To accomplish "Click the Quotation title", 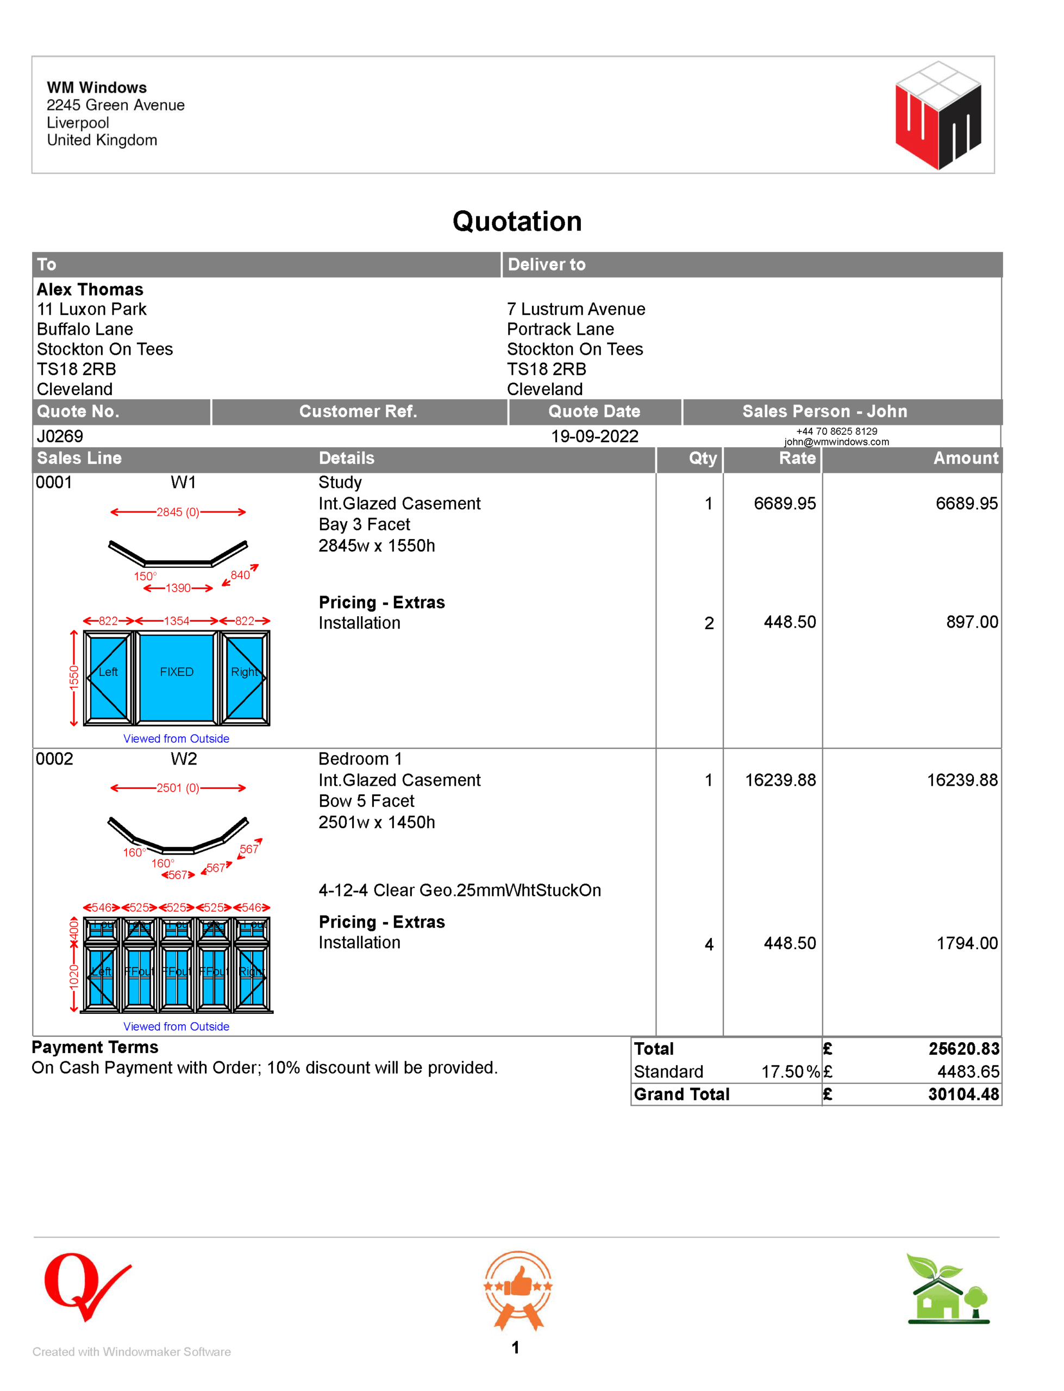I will [x=517, y=222].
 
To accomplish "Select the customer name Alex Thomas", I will [x=90, y=290].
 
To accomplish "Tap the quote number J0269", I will [x=60, y=436].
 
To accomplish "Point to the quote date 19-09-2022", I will [x=594, y=436].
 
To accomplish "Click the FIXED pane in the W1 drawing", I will [x=177, y=672].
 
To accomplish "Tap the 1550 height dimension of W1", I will [x=74, y=677].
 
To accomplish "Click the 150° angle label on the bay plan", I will [x=145, y=576].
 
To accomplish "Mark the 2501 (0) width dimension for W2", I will [x=177, y=788].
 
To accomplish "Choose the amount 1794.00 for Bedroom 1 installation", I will [x=967, y=943].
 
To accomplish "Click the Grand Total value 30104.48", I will [x=963, y=1094].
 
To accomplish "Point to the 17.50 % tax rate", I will [x=790, y=1072].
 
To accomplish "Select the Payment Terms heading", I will [x=95, y=1047].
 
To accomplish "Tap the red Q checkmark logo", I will [x=85, y=1285].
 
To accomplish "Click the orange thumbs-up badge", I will [x=518, y=1288].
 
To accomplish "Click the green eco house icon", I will [x=948, y=1289].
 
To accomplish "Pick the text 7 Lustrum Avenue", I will [x=575, y=309].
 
